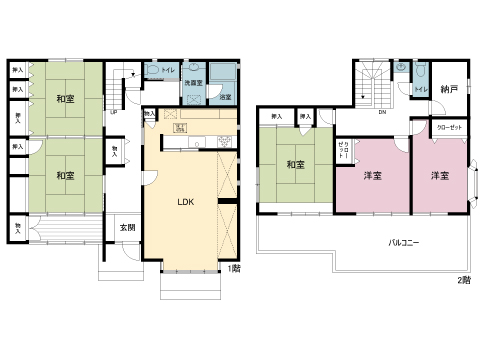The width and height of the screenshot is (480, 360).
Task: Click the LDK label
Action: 185,201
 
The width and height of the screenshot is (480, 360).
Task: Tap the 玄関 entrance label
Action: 128,228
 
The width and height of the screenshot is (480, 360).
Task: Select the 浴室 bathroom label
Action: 225,97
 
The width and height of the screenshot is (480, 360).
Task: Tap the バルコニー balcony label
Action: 404,243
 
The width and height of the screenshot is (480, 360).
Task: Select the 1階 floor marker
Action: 234,268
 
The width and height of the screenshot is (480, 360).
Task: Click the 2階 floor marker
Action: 463,279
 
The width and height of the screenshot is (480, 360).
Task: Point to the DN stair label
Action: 382,112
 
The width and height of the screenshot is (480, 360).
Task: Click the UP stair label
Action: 113,112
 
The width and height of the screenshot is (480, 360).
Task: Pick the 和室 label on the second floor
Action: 296,165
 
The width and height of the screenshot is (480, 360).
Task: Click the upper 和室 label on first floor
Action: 65,99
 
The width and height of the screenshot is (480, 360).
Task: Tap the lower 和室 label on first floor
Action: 65,175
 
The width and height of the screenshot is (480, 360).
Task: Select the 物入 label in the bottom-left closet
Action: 18,229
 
